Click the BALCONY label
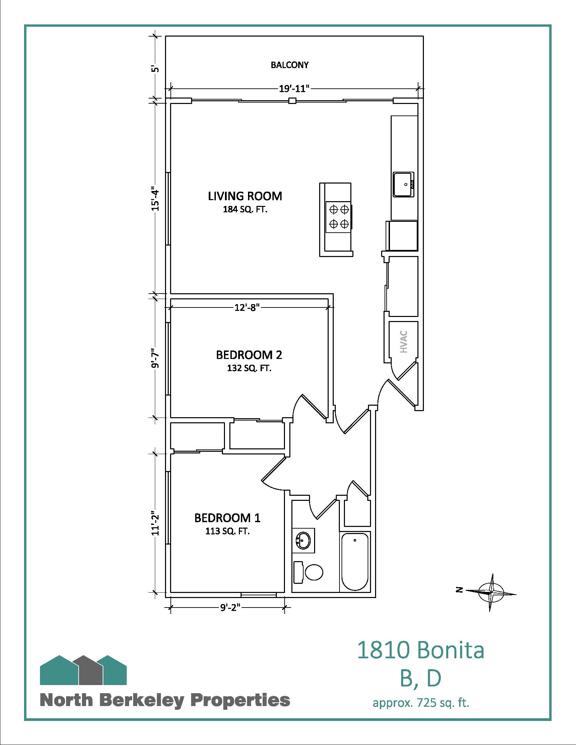[289, 65]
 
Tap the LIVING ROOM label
[245, 196]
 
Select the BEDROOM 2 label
[249, 355]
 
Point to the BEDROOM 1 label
[227, 518]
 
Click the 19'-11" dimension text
[294, 89]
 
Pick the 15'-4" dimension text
[156, 198]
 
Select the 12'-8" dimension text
[247, 308]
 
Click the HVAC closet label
[404, 342]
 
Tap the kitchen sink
[403, 184]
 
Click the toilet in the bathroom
[308, 572]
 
